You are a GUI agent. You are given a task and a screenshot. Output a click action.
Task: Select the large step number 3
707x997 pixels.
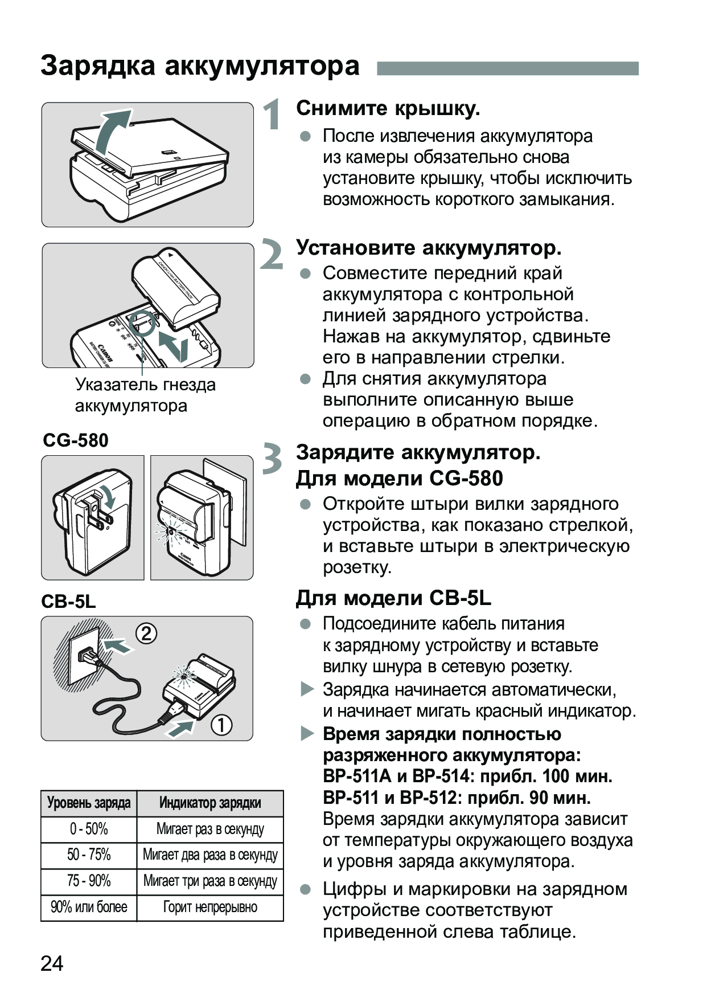coord(272,459)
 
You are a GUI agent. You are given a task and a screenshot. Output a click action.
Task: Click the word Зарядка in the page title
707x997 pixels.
coord(98,66)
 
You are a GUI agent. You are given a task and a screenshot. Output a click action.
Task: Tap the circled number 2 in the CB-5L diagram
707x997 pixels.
coord(146,634)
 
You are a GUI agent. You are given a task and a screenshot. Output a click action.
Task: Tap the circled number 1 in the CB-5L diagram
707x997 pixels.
coord(221,725)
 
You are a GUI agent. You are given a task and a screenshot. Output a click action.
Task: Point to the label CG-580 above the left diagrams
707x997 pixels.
coord(76,440)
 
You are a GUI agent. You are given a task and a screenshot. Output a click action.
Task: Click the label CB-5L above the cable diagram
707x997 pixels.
coord(68,602)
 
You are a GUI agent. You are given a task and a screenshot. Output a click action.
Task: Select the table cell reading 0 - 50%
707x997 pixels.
coord(89,829)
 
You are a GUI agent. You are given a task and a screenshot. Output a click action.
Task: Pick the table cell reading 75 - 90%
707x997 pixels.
coord(89,881)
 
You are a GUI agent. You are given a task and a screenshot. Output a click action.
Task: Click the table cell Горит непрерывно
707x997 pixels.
coord(210,907)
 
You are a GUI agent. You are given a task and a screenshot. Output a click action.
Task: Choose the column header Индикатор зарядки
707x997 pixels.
coord(210,803)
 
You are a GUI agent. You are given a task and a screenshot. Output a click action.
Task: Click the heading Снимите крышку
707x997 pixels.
coord(388,108)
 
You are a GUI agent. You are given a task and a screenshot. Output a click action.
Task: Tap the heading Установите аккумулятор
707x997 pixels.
coord(429,248)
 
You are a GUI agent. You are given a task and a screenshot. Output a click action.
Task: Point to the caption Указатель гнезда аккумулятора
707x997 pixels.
coord(145,395)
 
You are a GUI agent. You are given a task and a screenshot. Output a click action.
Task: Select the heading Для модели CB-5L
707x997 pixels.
coord(393,598)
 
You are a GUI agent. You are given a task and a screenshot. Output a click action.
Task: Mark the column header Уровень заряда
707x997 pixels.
coord(89,803)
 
